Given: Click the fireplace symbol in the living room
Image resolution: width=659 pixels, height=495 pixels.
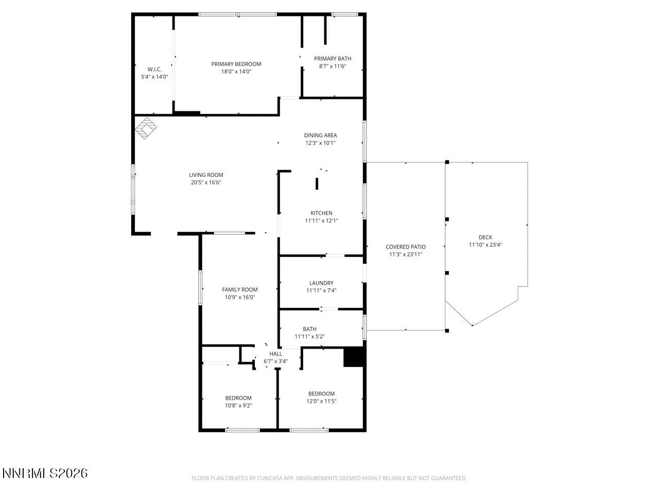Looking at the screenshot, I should (x=146, y=128).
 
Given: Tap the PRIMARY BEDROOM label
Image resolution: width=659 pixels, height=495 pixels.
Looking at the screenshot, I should (x=236, y=64).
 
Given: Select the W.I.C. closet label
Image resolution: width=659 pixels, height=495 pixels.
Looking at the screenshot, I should (x=154, y=69).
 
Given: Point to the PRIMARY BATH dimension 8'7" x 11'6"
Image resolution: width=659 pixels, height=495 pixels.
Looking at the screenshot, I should (x=333, y=66).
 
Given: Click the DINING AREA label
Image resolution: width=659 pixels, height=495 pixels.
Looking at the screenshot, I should (x=320, y=136).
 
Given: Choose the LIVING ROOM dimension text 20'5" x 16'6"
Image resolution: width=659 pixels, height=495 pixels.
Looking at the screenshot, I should (x=206, y=183).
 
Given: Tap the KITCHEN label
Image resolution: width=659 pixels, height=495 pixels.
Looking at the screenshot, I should (x=321, y=213).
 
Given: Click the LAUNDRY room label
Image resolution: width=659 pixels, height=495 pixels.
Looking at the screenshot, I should (x=321, y=283).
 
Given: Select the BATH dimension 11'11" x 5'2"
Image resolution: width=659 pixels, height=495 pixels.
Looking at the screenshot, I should (x=309, y=337).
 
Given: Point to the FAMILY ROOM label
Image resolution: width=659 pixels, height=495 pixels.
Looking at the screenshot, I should (x=239, y=290).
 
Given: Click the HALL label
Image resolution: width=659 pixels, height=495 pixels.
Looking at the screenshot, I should (x=275, y=354).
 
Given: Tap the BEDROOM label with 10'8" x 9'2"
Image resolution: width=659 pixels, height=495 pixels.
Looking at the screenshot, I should (x=238, y=398).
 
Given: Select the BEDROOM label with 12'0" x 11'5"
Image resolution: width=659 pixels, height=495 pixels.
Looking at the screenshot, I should (x=321, y=393).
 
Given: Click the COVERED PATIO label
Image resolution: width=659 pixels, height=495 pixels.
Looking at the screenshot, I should (x=406, y=247).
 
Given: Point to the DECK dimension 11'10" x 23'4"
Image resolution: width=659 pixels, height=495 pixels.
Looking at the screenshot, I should (x=485, y=245).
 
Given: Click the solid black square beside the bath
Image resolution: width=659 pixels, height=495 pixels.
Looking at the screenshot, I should (x=354, y=357).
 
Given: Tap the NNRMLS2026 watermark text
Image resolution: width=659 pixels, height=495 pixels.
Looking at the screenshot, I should (x=45, y=473).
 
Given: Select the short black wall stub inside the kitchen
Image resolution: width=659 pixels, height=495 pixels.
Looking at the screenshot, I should (x=317, y=184).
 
